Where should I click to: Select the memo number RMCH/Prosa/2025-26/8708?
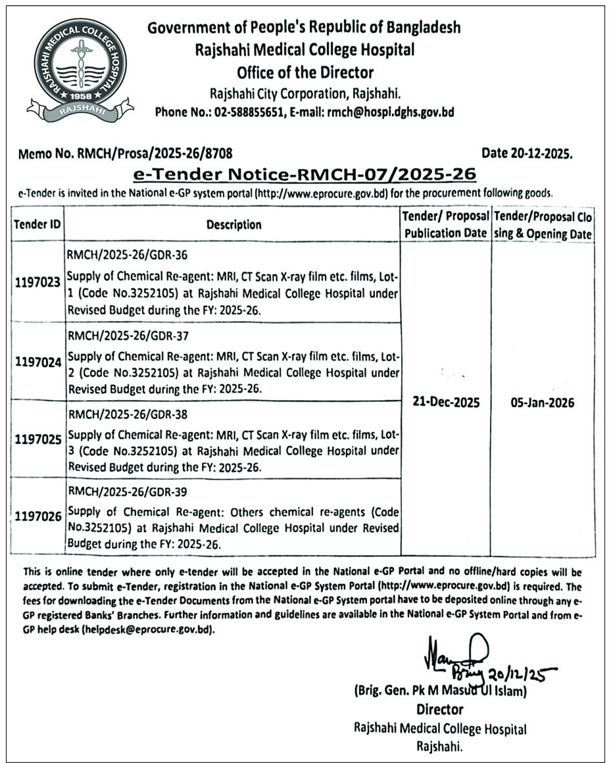(125, 154)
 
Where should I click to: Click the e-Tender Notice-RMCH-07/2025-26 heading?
(304, 174)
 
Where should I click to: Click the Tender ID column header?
(37, 224)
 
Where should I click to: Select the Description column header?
(233, 224)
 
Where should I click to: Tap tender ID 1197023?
(37, 282)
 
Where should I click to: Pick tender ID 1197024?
(37, 361)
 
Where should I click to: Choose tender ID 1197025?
(37, 438)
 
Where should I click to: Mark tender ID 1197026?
(37, 516)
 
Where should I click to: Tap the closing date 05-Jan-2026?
(542, 403)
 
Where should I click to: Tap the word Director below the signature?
(439, 710)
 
